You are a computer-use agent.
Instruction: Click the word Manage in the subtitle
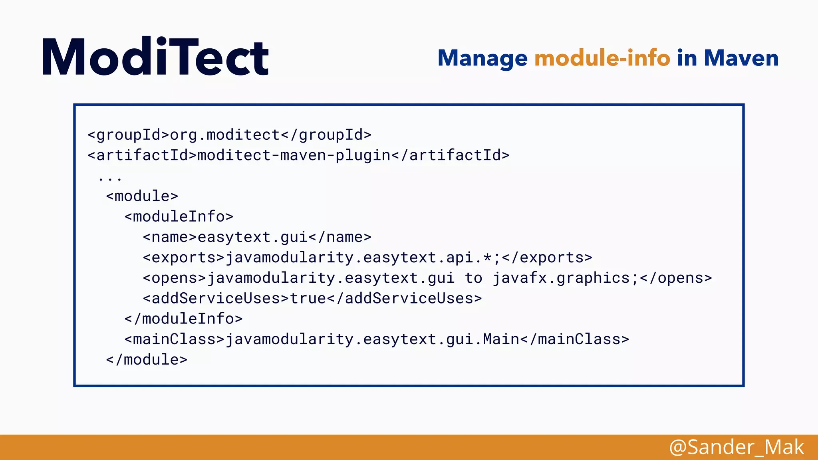pos(482,58)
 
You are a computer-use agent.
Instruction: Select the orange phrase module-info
pos(602,58)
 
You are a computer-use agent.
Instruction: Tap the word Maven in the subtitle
pos(741,58)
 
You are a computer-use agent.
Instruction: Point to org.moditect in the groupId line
pos(225,135)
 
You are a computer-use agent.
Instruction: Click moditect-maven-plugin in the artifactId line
pos(294,155)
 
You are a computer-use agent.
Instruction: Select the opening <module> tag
pos(142,196)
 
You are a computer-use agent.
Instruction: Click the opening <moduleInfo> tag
pos(179,216)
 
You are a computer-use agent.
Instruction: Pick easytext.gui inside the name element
pos(252,237)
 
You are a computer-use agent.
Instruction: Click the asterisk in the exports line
pos(487,258)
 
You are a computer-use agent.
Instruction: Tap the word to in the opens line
pos(474,278)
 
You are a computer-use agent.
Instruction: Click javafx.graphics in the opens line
pos(561,278)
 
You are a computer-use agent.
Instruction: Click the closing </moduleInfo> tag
pos(183,319)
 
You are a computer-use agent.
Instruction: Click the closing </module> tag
pos(147,360)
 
